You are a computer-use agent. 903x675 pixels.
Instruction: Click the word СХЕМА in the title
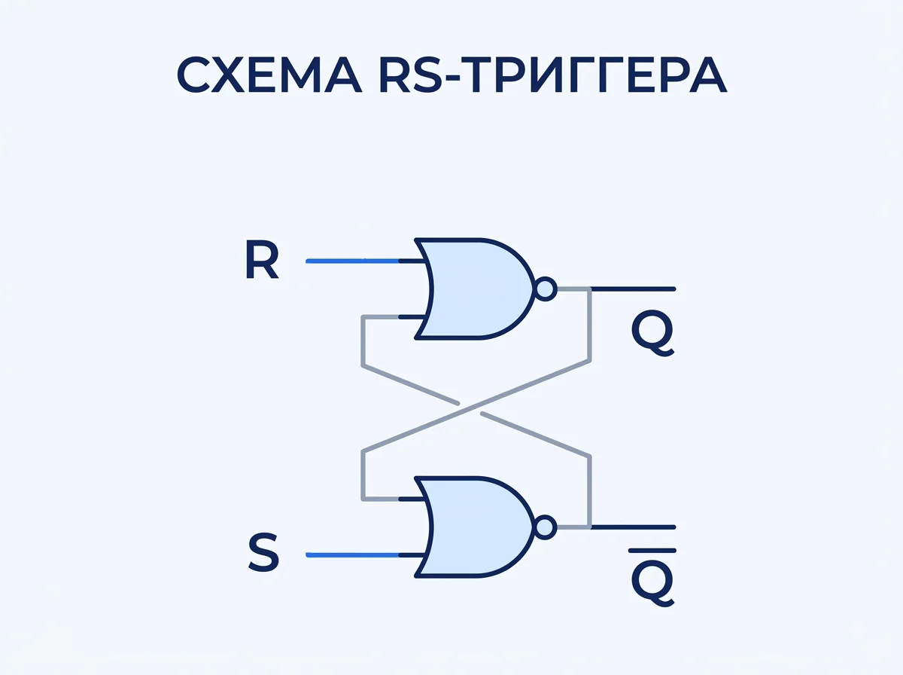[269, 75]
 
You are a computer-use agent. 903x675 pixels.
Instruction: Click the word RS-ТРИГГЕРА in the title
[553, 75]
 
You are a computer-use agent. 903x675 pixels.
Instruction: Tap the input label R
[262, 260]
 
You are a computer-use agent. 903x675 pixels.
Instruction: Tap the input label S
[263, 553]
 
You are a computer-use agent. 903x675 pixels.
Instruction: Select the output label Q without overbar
[653, 334]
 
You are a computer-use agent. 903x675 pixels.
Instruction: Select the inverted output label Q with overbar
[653, 577]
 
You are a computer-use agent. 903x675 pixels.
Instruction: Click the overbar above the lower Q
[652, 551]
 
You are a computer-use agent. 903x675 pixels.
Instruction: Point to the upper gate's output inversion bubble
[546, 289]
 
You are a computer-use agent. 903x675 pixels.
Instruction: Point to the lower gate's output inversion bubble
[546, 527]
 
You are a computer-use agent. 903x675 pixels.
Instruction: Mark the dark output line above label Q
[633, 289]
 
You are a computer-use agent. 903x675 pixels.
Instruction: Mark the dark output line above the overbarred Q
[633, 527]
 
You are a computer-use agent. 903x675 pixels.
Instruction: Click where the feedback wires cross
[470, 408]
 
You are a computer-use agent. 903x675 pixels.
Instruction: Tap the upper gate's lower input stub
[412, 317]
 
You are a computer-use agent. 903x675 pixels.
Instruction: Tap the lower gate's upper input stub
[412, 499]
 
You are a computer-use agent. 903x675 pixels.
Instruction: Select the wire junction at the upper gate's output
[590, 289]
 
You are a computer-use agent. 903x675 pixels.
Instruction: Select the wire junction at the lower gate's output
[590, 527]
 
